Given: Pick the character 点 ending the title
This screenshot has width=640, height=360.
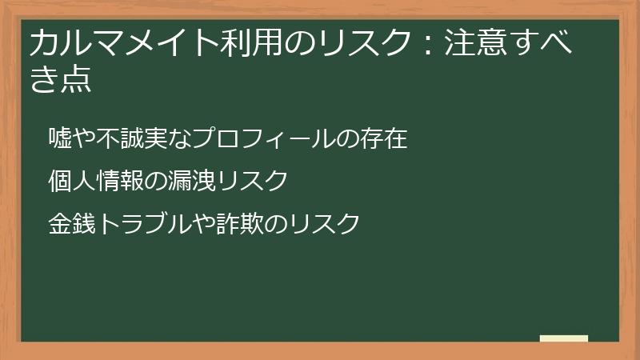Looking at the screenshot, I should pos(76,80).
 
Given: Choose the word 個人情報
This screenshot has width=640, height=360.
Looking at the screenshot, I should pos(96,182).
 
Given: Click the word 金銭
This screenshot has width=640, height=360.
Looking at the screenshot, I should pos(73,223).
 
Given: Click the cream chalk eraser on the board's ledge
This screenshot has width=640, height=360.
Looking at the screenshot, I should pos(564,338).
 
